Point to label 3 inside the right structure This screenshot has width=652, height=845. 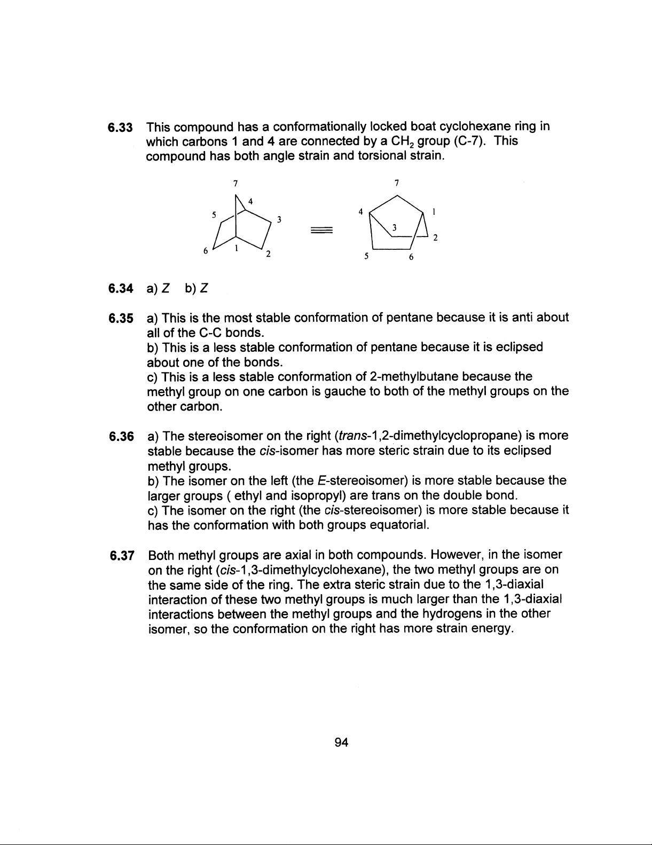(x=394, y=228)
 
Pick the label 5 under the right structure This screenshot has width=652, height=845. (x=366, y=256)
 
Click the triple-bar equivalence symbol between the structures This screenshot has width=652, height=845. (x=321, y=230)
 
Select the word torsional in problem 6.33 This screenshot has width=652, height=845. (x=380, y=156)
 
